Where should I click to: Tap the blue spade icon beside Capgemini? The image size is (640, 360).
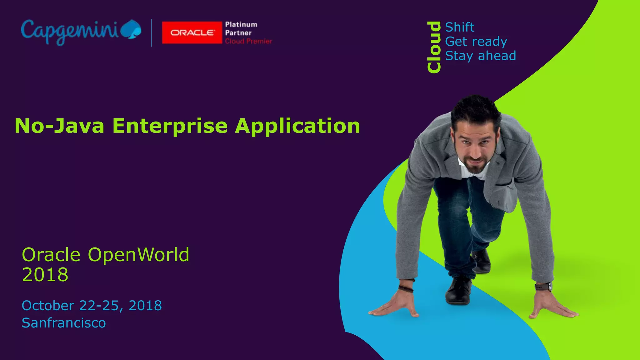(x=131, y=30)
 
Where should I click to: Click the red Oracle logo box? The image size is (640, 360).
(x=192, y=32)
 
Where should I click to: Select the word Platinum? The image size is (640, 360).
(x=241, y=24)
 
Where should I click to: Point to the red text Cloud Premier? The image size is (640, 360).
(x=248, y=41)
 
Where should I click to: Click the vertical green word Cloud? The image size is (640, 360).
(x=434, y=47)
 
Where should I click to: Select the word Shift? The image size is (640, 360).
(x=459, y=27)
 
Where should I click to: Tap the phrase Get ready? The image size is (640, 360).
(x=476, y=42)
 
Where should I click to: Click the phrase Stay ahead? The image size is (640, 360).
(x=480, y=56)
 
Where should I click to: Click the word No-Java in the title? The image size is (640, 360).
(x=59, y=126)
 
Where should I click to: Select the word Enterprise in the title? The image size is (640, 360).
(x=170, y=126)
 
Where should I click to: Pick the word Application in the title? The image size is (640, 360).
(x=297, y=126)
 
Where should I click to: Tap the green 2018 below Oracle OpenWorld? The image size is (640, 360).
(x=45, y=275)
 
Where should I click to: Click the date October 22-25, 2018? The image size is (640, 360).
(x=92, y=305)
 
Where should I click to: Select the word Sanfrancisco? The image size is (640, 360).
(x=64, y=323)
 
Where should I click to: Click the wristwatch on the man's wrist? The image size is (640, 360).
(x=543, y=286)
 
